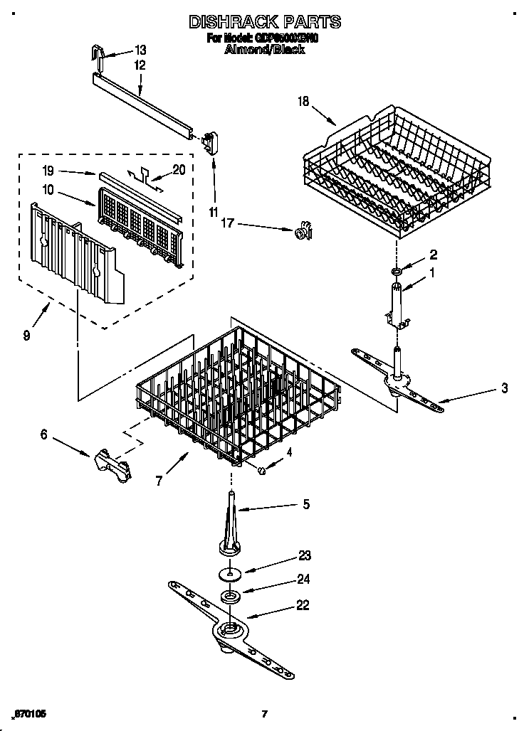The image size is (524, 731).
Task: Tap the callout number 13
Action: tap(140, 50)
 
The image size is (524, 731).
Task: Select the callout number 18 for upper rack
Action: tap(303, 102)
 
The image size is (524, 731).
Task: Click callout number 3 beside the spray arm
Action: tap(504, 388)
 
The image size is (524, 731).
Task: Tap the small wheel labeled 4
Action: tap(263, 470)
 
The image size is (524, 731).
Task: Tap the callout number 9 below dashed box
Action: tap(26, 335)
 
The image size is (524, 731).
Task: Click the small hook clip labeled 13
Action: tap(100, 55)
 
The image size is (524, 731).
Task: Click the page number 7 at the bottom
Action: tap(263, 714)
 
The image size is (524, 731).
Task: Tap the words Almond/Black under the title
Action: tap(263, 50)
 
